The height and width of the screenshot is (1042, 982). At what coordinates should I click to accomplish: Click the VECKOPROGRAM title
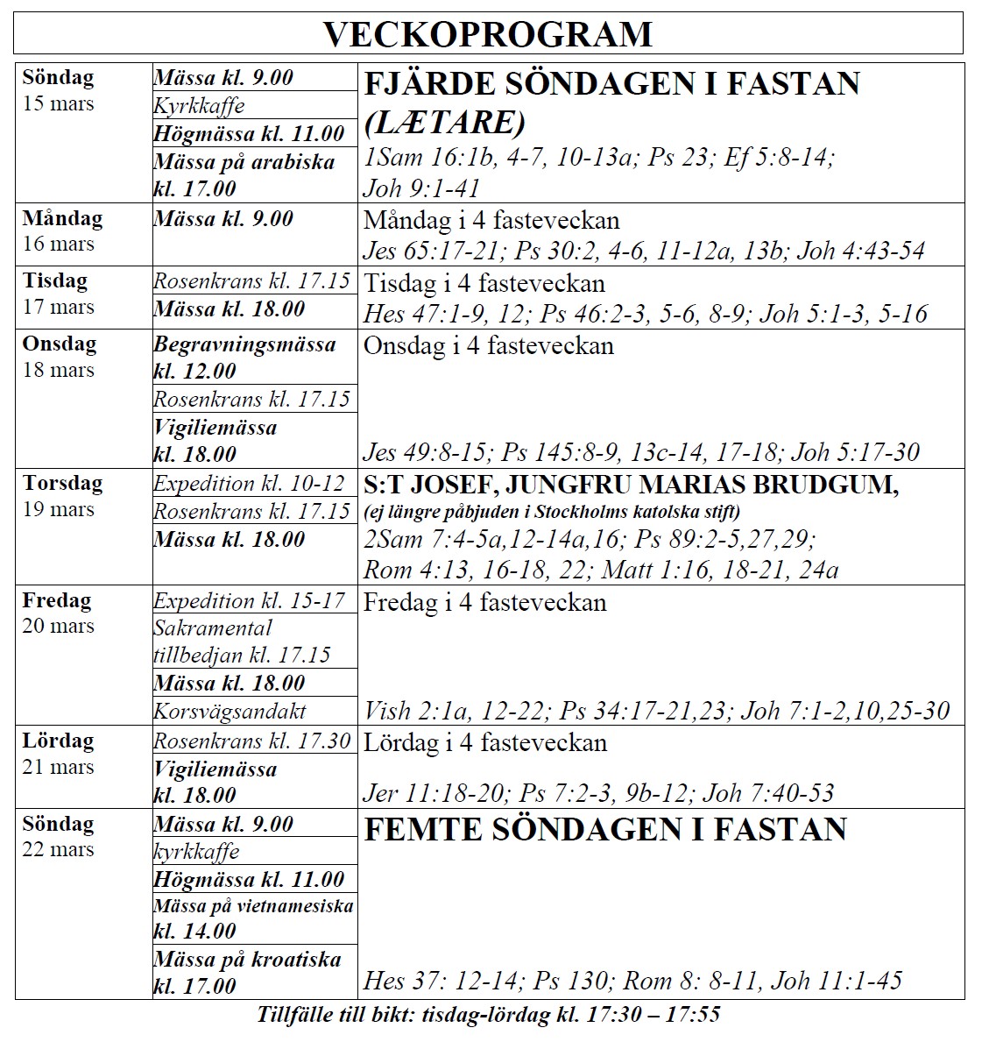[x=488, y=34]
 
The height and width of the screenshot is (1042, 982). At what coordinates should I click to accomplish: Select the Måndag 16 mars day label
[x=61, y=230]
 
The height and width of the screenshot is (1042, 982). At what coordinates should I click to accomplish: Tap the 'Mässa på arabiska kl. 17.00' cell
[x=244, y=175]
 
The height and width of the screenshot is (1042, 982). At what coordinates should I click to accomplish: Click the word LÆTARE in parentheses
[x=444, y=122]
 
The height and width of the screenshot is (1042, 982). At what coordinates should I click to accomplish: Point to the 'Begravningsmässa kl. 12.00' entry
[x=244, y=358]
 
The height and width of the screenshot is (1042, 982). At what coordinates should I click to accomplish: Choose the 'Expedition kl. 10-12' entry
[x=250, y=484]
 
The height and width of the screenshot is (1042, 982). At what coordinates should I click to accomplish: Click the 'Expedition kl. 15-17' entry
[x=250, y=601]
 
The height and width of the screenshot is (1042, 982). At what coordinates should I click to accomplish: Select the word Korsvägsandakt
[x=230, y=711]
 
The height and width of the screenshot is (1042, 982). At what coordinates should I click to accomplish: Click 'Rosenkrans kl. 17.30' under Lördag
[x=252, y=741]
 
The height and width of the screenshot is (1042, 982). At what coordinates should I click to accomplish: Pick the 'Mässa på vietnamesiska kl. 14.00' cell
[x=253, y=918]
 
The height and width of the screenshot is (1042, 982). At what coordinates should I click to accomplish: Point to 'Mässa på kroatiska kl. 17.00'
[x=247, y=972]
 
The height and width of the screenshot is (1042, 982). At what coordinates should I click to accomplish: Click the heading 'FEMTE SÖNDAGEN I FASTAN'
[x=604, y=830]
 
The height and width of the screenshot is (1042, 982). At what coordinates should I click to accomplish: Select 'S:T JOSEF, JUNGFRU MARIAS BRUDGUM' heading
[x=631, y=485]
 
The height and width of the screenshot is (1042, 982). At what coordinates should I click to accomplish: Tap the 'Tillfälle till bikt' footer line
[x=488, y=1015]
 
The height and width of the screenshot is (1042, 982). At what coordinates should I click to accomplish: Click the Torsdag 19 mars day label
[x=62, y=496]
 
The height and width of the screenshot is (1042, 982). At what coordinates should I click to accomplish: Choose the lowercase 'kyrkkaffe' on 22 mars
[x=196, y=852]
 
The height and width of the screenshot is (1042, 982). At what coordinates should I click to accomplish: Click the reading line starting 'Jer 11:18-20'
[x=598, y=793]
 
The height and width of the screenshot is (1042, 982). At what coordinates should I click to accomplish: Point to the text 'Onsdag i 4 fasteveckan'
[x=488, y=345]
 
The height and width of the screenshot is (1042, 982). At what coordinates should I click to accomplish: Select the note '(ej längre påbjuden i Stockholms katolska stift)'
[x=551, y=511]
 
